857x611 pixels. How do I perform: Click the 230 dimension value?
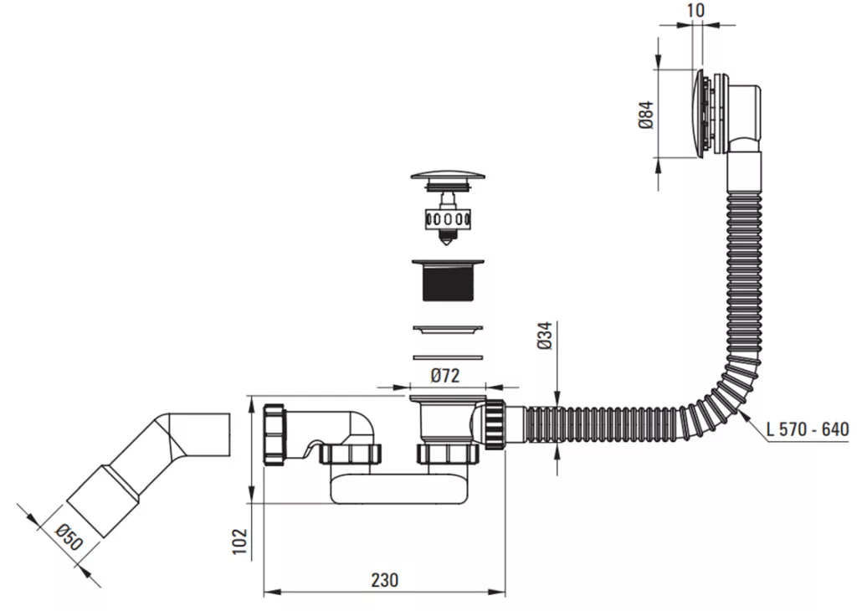pos(385,579)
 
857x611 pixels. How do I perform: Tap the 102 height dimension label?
pos(240,541)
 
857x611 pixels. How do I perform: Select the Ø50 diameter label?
pos(69,537)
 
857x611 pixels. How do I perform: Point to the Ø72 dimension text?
pos(445,376)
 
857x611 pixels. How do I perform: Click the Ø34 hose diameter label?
pos(545,336)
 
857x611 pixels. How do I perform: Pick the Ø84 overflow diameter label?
pos(646,115)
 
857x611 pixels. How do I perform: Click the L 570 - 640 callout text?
pos(808,429)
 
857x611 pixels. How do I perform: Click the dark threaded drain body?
pos(448,280)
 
